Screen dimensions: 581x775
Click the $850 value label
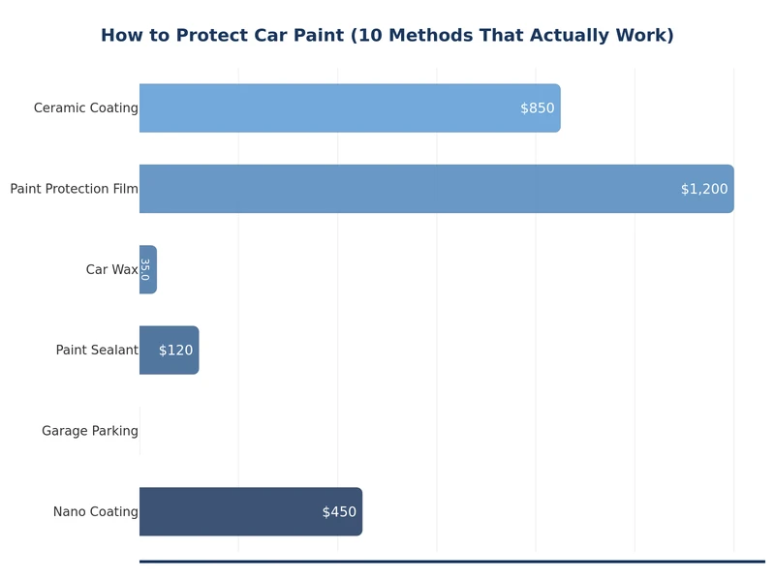537,108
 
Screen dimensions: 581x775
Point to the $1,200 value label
703,189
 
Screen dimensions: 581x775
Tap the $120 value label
175,351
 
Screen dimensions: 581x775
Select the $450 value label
339,511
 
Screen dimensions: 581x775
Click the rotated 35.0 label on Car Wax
144,269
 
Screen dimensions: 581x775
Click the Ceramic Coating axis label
85,108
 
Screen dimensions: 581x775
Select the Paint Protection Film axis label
74,189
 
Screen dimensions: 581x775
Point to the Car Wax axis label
111,269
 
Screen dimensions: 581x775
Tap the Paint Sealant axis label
97,351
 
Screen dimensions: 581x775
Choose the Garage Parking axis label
89,431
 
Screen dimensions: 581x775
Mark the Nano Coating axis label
95,511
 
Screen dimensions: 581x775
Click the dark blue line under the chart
451,561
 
